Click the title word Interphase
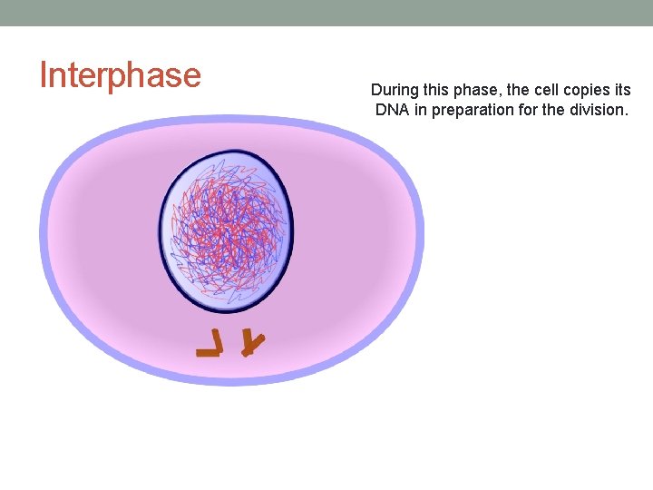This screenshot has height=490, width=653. [120, 75]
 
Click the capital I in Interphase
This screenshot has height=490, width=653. [43, 74]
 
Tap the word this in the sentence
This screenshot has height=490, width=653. [438, 91]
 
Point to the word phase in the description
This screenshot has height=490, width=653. [477, 92]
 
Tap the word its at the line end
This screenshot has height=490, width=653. [622, 91]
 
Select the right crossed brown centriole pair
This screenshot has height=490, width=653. [253, 343]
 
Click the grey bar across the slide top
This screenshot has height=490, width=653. [326, 12]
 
